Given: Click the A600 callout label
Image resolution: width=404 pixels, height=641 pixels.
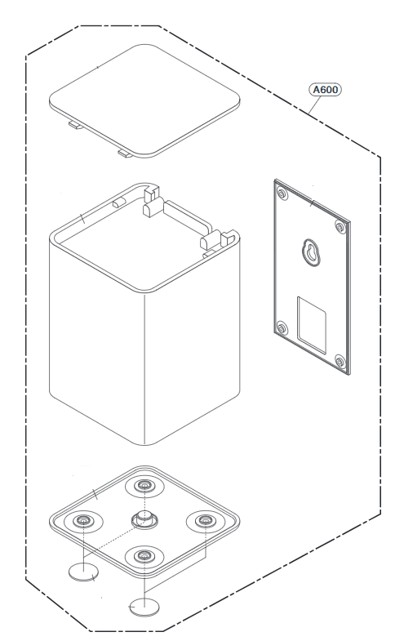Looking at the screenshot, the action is coord(325,90).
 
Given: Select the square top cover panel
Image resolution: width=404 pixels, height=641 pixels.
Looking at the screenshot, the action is coord(144,100).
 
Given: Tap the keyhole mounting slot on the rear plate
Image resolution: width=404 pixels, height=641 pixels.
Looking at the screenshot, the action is coord(312,252).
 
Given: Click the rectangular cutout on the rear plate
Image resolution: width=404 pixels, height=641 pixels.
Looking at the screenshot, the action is coord(312,325).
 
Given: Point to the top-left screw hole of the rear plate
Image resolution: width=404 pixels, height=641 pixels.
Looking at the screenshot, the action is coord(282,193).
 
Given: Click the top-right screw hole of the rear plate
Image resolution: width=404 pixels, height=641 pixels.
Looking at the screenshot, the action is coord(340,226).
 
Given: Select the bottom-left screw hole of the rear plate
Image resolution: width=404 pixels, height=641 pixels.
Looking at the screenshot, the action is coord(282,327).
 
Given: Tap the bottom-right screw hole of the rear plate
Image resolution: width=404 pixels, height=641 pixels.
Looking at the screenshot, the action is coord(340,361).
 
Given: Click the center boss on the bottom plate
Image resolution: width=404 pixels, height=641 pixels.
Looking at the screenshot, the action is coord(144,519).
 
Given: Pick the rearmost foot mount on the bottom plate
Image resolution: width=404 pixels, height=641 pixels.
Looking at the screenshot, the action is coord(144,486).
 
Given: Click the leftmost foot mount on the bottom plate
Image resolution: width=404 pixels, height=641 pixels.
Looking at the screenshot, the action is coord(83,521).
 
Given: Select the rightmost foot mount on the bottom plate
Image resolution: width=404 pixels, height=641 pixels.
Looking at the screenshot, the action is coord(205,521).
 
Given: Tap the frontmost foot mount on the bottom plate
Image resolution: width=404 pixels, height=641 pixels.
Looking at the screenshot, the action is coord(144,555).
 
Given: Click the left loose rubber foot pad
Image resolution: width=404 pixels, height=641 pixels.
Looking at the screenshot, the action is coord(84,572).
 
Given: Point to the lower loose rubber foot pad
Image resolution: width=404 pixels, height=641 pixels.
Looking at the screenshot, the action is coord(144,607).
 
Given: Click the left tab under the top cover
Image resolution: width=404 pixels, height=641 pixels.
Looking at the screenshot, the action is coord(76,125).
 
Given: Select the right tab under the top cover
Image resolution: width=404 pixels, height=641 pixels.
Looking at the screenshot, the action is coord(126,154).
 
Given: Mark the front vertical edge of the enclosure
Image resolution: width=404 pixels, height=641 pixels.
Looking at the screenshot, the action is coord(144,369).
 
